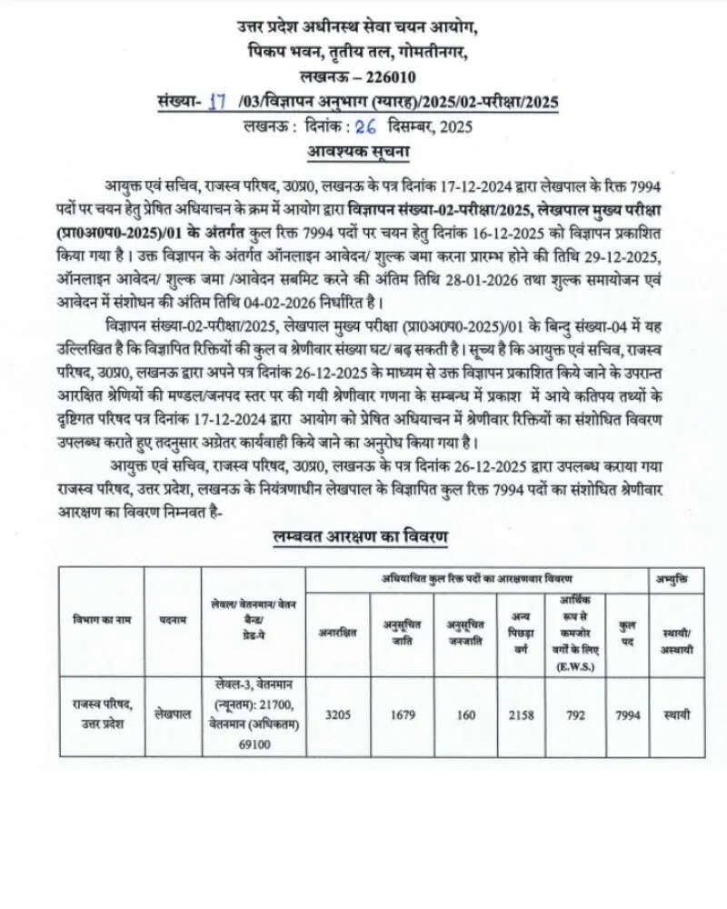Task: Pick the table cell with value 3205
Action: [x=338, y=715]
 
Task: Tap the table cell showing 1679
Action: [x=403, y=715]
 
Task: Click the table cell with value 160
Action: [x=466, y=715]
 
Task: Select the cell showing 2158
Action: [x=521, y=715]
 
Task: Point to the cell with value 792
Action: [x=574, y=715]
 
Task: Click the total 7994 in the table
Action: [x=627, y=715]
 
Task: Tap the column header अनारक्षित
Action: [x=338, y=630]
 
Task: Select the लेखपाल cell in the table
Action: [x=172, y=715]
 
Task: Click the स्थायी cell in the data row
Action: [x=676, y=715]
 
